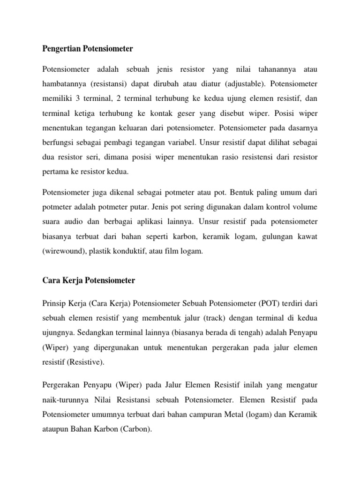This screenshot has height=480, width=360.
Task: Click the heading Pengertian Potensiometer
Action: pos(88,49)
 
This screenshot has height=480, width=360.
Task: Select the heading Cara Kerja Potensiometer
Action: pos(89,280)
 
